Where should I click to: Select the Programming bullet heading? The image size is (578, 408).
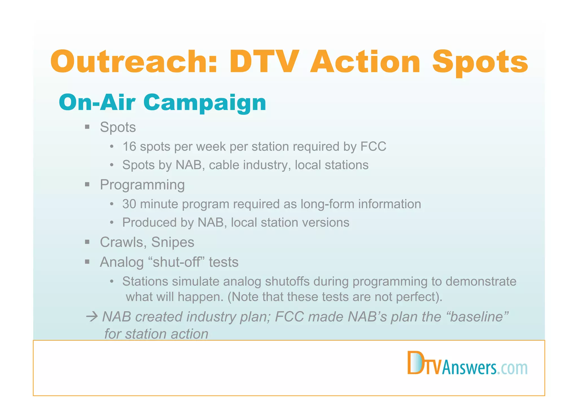coord(142,185)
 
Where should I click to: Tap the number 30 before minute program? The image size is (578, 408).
coord(129,204)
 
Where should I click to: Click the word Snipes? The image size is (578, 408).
coord(172,242)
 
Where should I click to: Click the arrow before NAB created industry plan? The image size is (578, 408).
coord(92,317)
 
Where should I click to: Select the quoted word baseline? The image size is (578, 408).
coord(478,317)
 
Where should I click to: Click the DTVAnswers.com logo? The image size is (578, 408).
coord(467,363)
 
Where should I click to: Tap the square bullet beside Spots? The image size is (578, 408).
coord(87,127)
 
